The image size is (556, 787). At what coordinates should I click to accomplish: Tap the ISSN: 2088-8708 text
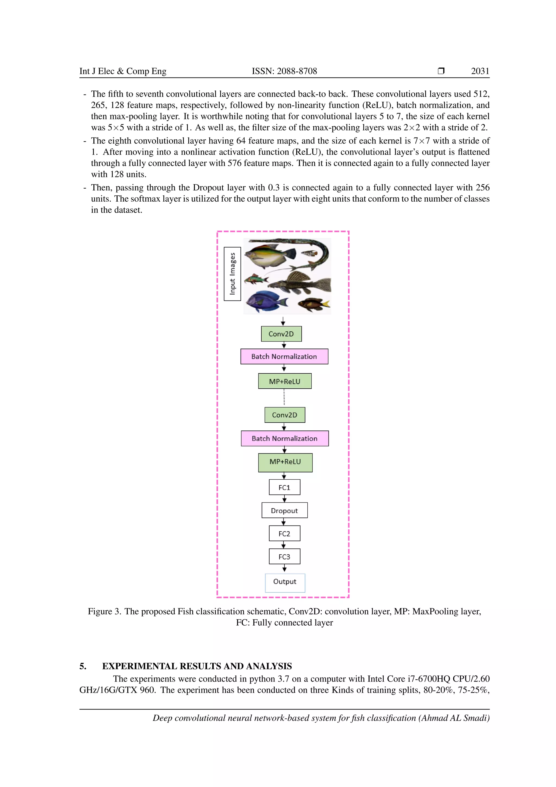(x=284, y=71)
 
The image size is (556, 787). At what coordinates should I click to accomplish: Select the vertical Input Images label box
(x=232, y=274)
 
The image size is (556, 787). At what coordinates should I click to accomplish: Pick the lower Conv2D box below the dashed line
(x=285, y=415)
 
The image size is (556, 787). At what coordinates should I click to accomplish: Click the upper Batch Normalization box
(x=284, y=356)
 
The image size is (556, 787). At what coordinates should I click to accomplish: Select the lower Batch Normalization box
(x=285, y=438)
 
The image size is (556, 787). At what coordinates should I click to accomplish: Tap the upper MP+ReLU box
(x=285, y=381)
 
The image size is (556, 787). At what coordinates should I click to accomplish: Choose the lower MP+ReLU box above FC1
(x=285, y=462)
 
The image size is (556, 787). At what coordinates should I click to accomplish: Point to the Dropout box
(x=284, y=510)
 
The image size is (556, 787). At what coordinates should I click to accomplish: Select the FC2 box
(x=284, y=533)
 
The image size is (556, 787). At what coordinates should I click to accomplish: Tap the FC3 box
(x=284, y=556)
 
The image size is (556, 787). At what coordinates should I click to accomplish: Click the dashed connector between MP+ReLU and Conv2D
(x=284, y=398)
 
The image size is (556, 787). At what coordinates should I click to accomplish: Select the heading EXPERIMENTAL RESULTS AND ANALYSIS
(x=197, y=666)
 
